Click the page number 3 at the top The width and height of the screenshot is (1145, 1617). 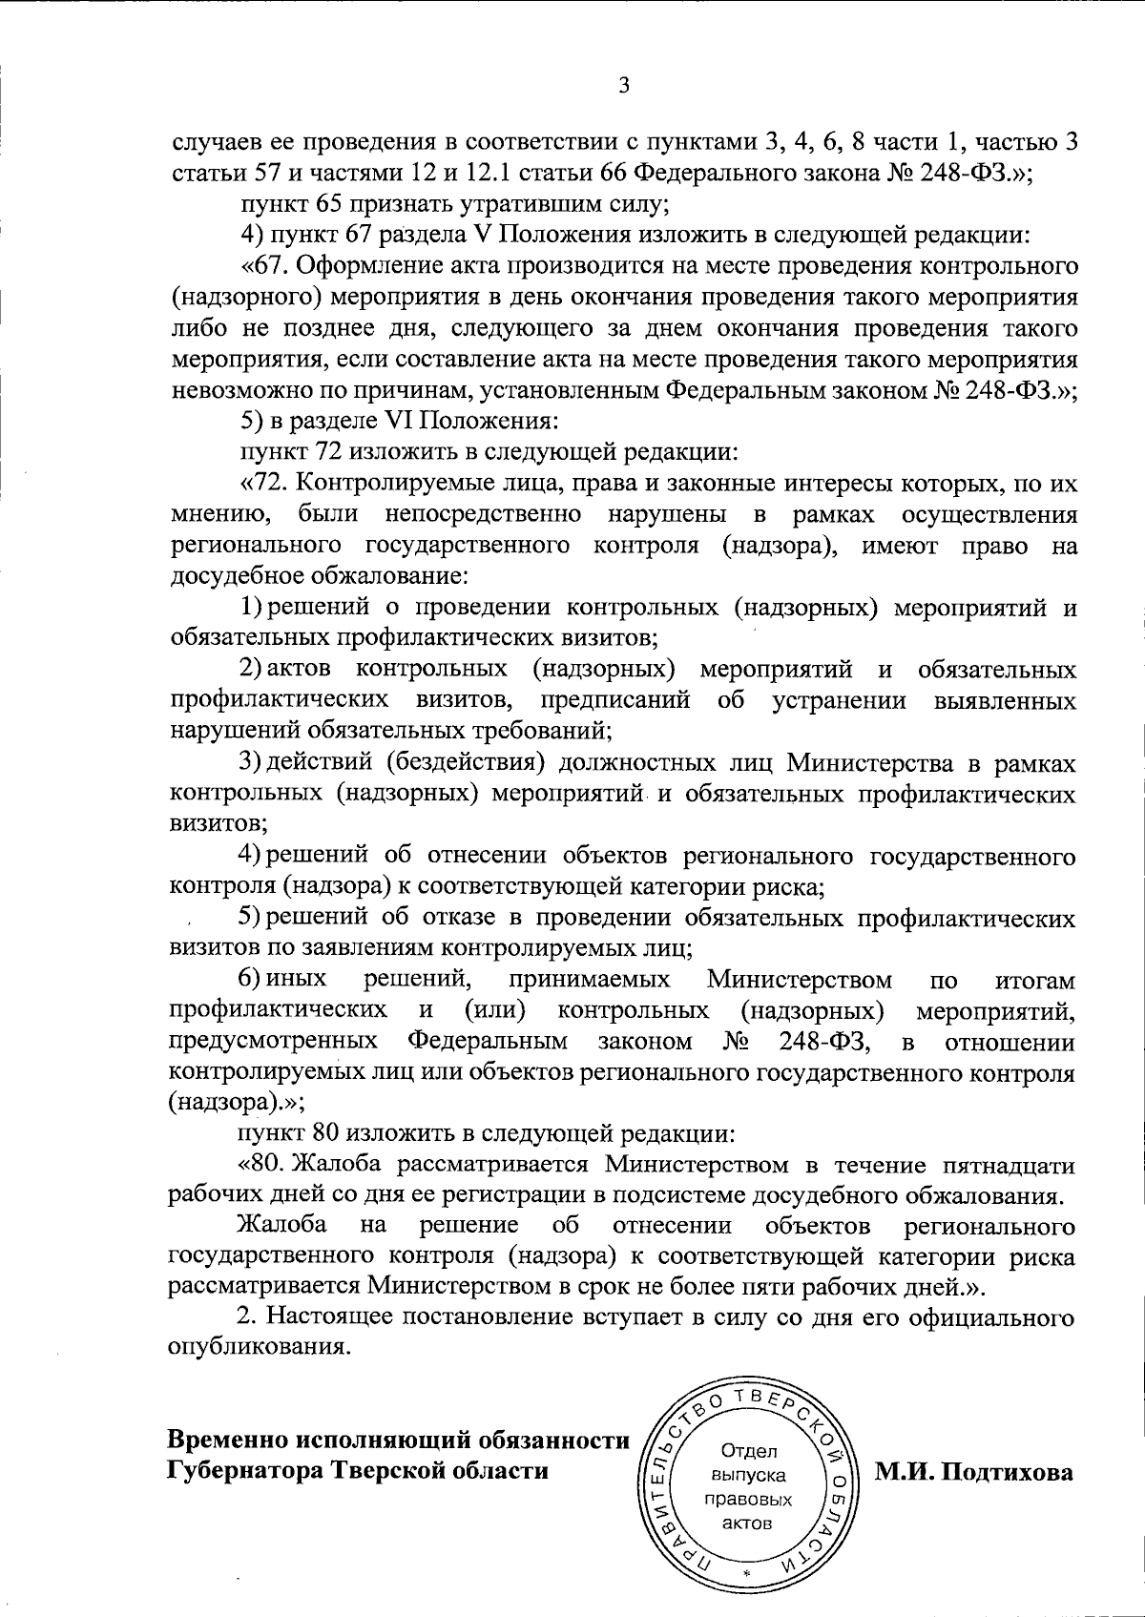[x=623, y=86]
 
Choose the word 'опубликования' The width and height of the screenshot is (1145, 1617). [x=253, y=1351]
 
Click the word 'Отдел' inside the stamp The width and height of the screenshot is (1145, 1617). [x=750, y=1451]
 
